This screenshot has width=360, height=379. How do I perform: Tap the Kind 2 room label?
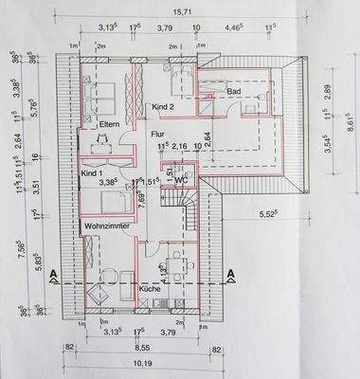click(166, 107)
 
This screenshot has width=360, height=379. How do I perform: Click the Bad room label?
click(235, 91)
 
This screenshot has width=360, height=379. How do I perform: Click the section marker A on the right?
click(230, 276)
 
